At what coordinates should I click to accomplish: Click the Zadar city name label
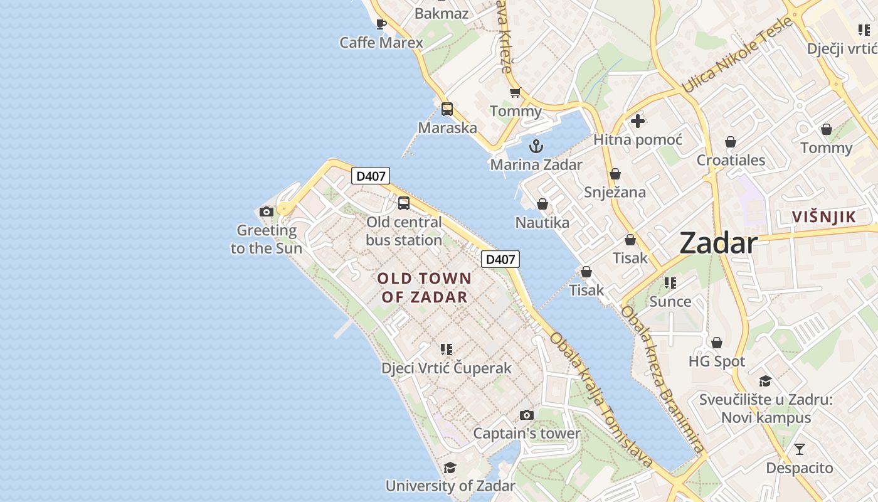718,243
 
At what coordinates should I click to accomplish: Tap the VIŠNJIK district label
823,217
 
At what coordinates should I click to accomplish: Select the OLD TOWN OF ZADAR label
425,287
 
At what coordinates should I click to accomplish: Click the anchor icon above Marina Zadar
536,147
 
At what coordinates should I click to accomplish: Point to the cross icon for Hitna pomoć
638,121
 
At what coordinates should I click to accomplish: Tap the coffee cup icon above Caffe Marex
381,24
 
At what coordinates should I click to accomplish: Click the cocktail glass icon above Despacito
799,449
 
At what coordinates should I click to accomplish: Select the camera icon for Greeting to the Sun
267,212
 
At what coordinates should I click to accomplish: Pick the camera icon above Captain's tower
527,415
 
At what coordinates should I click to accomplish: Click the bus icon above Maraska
447,109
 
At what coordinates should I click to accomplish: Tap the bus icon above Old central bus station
404,203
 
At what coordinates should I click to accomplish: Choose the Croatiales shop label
731,160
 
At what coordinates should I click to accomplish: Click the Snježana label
615,192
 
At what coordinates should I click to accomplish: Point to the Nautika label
542,222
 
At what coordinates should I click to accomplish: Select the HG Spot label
717,361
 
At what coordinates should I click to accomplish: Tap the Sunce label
670,301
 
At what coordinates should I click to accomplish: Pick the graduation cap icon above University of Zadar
450,467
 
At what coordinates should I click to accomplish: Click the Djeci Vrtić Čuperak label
447,368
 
